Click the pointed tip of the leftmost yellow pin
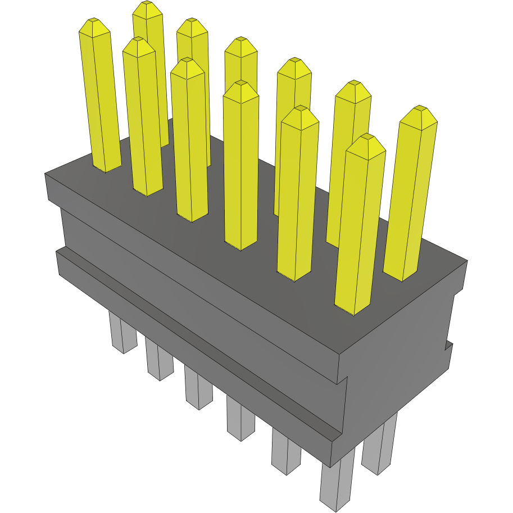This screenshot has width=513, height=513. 93,21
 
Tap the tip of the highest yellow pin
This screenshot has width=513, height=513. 147,4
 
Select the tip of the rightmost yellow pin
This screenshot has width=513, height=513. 419,109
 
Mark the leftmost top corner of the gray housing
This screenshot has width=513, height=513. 45,174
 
